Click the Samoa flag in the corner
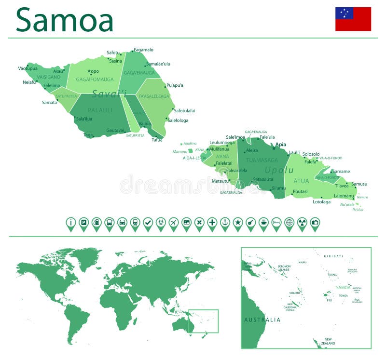point(353,19)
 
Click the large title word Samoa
point(65,20)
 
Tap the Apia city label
point(280,144)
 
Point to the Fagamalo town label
point(143,50)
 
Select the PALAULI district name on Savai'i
point(100,110)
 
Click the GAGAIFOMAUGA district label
point(95,80)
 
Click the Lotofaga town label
point(321,202)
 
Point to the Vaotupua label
point(28,68)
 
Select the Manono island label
point(180,152)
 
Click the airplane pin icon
point(174,223)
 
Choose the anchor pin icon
point(225,223)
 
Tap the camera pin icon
point(315,223)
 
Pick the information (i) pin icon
point(71,223)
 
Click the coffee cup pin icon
point(263,223)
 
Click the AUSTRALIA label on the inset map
point(262,320)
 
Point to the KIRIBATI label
point(333,256)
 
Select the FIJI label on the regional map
point(330,300)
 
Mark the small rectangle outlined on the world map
point(203,321)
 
